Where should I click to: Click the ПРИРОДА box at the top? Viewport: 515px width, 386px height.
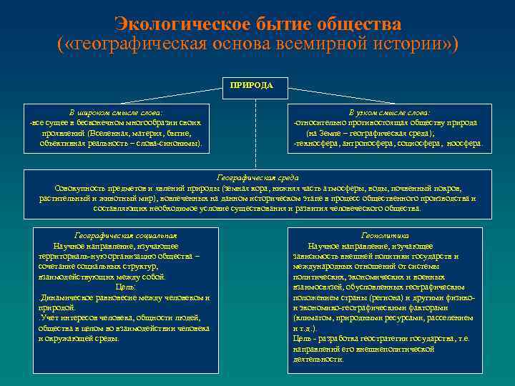coord(252,85)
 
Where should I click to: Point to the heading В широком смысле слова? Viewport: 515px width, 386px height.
coord(115,113)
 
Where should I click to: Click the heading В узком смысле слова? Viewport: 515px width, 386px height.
coord(389,113)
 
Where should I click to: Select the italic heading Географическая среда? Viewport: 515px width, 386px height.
coord(257,177)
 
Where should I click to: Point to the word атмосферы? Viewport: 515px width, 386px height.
coord(363,187)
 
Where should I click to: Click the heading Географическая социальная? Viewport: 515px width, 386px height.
coord(125,234)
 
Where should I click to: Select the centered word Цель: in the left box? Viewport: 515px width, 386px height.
coord(126,286)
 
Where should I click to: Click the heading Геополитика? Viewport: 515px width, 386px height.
coord(385,234)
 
